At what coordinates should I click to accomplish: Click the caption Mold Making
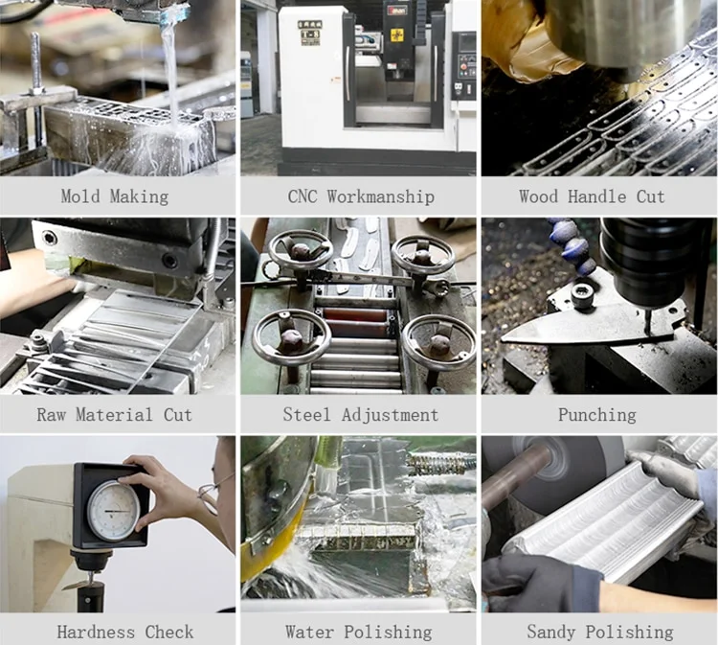[x=115, y=196]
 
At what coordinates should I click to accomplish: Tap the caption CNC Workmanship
[x=361, y=196]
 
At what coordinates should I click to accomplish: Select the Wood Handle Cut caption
[x=592, y=196]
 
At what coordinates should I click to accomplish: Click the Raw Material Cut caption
[x=115, y=414]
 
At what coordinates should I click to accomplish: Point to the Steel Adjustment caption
[x=361, y=414]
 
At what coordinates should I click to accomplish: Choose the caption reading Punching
[x=597, y=415]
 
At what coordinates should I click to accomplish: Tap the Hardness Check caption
[x=125, y=633]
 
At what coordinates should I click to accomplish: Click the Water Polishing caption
[x=359, y=633]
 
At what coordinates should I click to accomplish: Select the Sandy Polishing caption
[x=600, y=633]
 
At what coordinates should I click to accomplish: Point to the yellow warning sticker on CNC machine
[x=395, y=35]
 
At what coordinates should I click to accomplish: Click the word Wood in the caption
[x=538, y=196]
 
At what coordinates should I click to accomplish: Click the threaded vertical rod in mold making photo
[x=35, y=62]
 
